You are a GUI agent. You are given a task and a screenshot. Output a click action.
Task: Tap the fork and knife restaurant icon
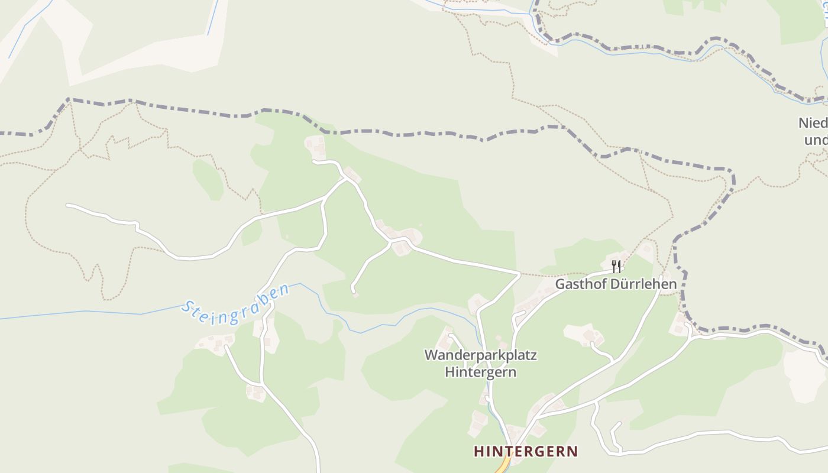[x=616, y=266]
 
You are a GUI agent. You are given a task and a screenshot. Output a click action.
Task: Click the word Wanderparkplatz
[x=480, y=355]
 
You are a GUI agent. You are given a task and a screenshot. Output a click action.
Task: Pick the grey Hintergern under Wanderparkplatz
[x=480, y=372]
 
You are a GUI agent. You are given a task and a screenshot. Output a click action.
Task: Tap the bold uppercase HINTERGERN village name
[x=526, y=452]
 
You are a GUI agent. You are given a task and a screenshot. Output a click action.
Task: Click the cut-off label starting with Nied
[x=813, y=123]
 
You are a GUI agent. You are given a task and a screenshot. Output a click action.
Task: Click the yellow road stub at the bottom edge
[x=502, y=467]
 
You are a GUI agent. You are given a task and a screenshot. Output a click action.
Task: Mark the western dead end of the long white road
[x=68, y=205]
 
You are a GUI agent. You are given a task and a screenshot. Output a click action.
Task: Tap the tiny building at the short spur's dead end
[x=355, y=294]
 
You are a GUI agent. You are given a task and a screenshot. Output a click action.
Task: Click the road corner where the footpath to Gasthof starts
[x=519, y=274]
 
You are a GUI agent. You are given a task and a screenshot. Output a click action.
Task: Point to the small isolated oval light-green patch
[x=208, y=179]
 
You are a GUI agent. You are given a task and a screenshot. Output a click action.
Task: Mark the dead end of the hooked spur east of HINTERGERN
[x=619, y=423]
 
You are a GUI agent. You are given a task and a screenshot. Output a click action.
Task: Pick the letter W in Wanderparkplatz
[x=431, y=355]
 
